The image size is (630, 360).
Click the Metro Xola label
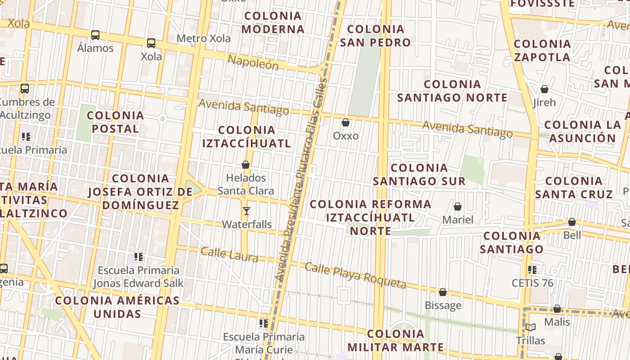[203, 38]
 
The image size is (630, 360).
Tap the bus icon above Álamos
[95, 35]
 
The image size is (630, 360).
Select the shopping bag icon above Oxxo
[346, 122]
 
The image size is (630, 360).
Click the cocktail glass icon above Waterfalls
[246, 211]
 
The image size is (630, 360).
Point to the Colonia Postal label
[116, 122]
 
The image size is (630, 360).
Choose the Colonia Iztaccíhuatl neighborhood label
[247, 137]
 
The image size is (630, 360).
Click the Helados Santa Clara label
[246, 184]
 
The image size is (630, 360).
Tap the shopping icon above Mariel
[458, 207]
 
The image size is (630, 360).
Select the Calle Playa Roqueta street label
[355, 275]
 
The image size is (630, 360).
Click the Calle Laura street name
[229, 254]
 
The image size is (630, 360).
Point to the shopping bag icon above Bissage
[443, 292]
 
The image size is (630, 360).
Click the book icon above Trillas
[531, 327]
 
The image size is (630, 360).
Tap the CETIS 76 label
[532, 283]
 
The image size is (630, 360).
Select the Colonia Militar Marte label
[396, 341]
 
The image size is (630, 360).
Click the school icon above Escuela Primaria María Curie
[264, 323]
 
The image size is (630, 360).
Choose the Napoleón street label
[253, 62]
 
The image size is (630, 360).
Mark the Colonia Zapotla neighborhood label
[542, 50]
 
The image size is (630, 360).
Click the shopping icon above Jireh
[544, 89]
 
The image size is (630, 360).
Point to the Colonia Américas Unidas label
[117, 306]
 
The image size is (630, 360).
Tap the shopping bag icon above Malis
[557, 309]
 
